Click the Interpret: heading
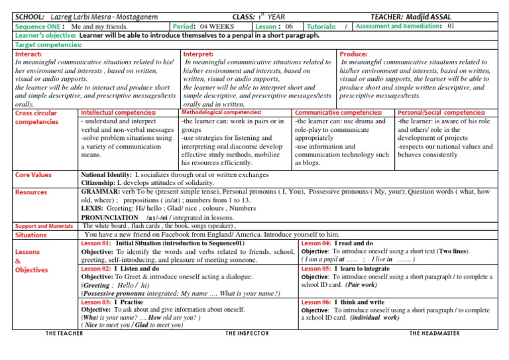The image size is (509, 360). [x=198, y=53]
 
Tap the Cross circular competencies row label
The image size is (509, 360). [x=36, y=117]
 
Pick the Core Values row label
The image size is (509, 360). [x=32, y=174]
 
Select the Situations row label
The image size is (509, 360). [x=30, y=235]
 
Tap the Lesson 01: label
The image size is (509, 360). [x=96, y=243]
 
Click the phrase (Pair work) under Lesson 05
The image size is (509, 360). [x=361, y=285]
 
